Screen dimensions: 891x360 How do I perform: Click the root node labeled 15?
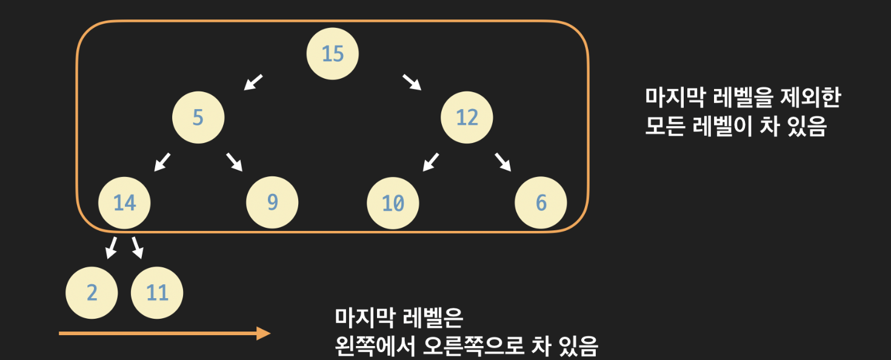333,54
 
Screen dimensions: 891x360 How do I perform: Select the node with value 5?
198,117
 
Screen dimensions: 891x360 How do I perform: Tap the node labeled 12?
467,117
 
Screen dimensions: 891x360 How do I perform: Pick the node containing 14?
124,203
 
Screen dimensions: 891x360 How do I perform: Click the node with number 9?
272,203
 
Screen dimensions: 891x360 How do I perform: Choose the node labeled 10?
393,203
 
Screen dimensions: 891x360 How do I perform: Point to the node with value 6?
541,203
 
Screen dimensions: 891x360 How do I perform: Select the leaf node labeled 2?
92,293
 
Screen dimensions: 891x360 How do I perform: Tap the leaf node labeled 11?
157,293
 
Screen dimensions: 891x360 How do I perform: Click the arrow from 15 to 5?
254,82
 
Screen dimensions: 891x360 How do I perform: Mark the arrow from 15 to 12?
412,82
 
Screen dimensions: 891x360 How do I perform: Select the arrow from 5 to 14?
162,162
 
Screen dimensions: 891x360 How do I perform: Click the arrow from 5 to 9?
235,162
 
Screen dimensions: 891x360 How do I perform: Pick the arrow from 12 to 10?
431,162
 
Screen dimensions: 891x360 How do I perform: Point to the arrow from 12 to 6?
503,162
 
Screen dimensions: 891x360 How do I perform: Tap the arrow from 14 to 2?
111,247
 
